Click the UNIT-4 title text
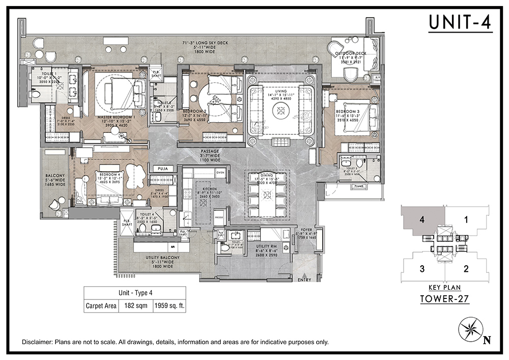click(460, 22)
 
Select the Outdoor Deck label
click(353, 56)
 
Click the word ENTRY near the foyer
click(304, 280)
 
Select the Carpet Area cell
click(101, 307)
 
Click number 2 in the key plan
click(466, 268)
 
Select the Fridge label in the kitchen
click(218, 217)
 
